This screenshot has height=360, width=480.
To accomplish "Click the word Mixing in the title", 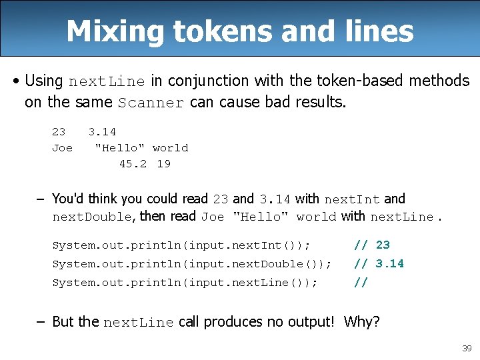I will point(113,31).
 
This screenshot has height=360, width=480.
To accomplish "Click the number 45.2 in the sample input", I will point(132,164).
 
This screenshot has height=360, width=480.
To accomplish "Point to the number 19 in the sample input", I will point(163,164).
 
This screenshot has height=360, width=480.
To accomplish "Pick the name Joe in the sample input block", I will point(62,148).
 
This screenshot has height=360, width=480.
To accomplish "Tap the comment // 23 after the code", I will point(372,245).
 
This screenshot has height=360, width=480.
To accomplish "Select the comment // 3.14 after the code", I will point(379,264).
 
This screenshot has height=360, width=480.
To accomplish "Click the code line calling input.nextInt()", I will point(181,245).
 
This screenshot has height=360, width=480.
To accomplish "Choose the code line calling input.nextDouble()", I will point(191,264).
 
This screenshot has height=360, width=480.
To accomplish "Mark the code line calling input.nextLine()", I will point(185,283).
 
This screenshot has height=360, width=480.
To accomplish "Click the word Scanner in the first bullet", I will point(151,103).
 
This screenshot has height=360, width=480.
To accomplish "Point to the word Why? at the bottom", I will point(362,322).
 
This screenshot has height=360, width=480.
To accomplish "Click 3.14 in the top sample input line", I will point(102,132).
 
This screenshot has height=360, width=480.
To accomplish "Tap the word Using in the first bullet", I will point(43,81).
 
